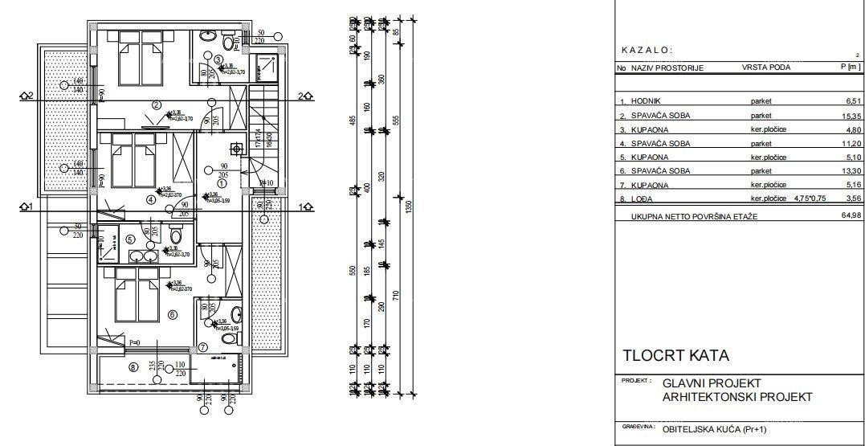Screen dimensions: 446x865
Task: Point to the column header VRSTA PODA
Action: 765,68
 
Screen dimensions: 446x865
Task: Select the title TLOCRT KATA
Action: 675,355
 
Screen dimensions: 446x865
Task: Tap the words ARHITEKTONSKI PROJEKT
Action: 737,397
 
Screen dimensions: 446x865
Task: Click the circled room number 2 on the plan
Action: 157,104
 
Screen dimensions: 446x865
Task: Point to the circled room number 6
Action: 172,314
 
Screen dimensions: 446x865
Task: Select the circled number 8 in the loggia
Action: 133,367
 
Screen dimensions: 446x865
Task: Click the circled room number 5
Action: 130,239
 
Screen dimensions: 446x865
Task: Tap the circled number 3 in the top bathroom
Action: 218,59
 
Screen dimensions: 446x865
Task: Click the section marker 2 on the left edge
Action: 29,96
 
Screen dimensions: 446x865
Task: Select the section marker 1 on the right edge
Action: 305,207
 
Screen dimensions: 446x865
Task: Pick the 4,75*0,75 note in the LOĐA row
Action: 811,198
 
